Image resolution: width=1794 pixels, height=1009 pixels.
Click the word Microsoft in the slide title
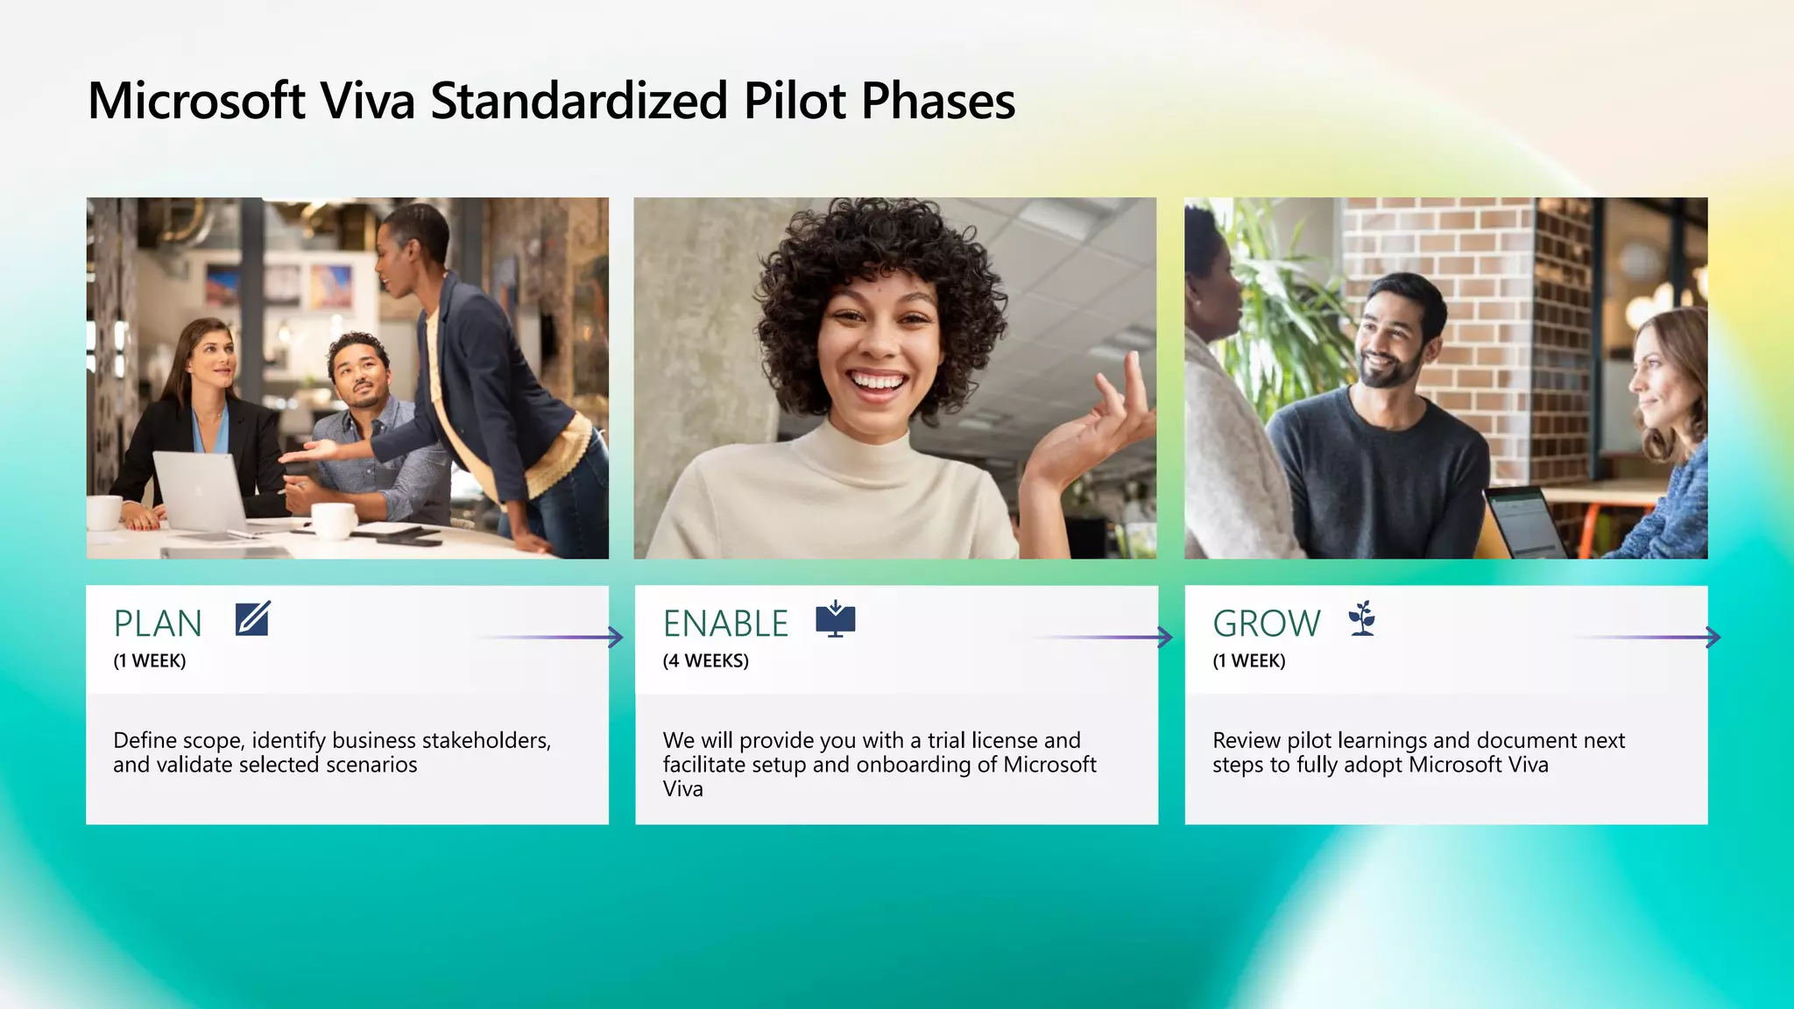tap(196, 101)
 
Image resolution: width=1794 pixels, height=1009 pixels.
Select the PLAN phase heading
tap(158, 624)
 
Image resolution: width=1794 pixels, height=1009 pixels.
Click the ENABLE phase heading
tap(725, 624)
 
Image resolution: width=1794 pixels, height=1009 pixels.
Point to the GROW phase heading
tap(1266, 624)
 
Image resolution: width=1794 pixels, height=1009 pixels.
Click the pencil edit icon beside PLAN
tap(252, 618)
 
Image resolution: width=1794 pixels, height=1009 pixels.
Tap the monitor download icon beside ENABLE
tap(835, 619)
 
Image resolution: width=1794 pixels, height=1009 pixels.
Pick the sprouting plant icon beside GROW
tap(1362, 618)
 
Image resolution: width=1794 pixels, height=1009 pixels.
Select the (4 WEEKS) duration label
tap(705, 661)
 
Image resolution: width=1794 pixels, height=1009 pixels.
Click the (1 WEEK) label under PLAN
tap(150, 661)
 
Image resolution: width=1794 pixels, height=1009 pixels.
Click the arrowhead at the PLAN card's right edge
tap(617, 637)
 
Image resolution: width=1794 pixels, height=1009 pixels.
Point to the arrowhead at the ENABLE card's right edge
tap(1165, 637)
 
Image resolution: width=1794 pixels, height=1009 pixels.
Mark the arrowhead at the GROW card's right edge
tap(1713, 637)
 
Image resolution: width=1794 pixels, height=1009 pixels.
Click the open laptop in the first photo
tap(200, 490)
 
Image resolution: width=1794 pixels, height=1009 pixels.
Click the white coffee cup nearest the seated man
tap(335, 520)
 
